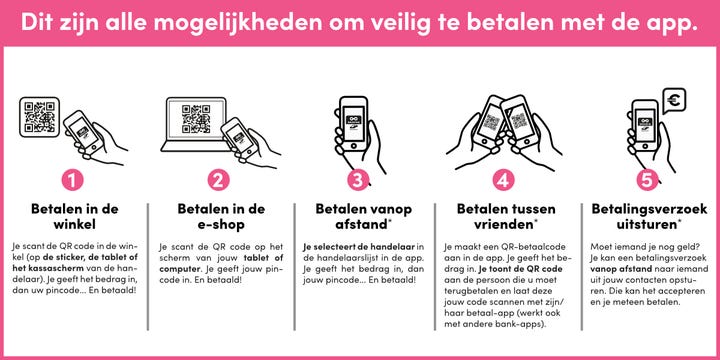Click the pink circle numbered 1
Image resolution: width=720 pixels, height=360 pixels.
pos(73,180)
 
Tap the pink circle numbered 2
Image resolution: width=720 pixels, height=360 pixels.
pos(219,180)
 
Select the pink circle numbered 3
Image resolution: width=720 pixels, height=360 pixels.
pos(358,180)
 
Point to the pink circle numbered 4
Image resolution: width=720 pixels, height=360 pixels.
pos(504,180)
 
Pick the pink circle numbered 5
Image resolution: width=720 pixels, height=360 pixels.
pos(647,180)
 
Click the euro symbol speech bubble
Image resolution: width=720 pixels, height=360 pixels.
pos(674,101)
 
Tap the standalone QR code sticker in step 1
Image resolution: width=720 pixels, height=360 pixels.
pos(39,117)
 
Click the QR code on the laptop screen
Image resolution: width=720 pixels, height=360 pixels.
pos(196,119)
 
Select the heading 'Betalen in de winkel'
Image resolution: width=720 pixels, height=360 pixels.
pos(74,217)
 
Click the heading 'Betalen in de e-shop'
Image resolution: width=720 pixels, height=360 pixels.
pos(221,217)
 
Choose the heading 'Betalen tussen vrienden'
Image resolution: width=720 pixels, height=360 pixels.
pos(506,217)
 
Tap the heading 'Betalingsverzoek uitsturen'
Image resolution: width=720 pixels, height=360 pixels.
pos(649,217)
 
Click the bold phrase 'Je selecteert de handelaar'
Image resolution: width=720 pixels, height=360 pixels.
pos(359,247)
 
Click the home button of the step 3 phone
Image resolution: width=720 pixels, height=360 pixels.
pos(353,146)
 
